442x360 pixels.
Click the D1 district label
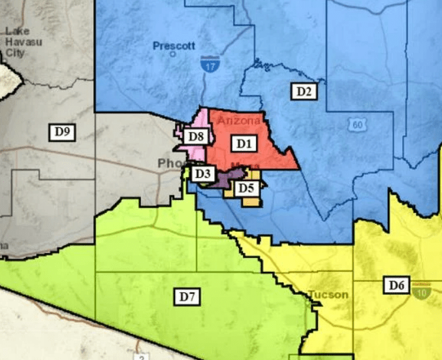click(x=244, y=142)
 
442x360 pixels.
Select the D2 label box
click(x=303, y=91)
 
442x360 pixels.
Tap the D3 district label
click(x=202, y=174)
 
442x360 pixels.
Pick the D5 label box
click(x=245, y=188)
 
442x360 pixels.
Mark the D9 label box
click(x=62, y=132)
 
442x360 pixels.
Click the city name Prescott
click(x=174, y=46)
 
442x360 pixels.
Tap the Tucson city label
click(x=328, y=295)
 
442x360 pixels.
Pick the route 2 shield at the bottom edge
click(x=140, y=356)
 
